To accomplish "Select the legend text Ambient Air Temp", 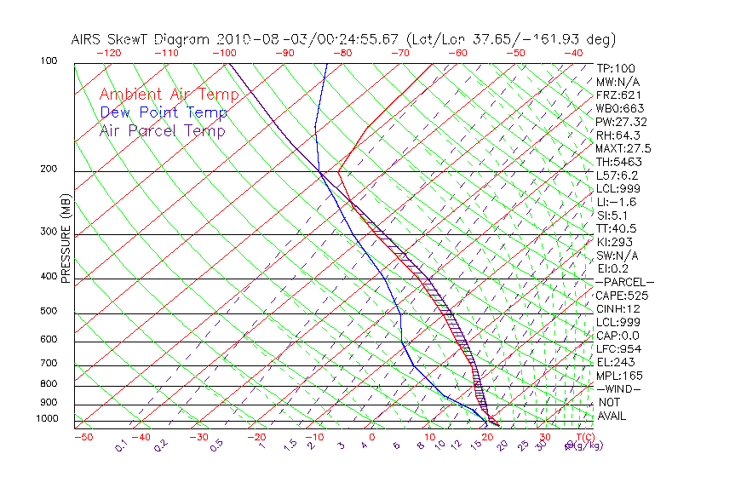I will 169,95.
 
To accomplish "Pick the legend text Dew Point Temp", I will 164,112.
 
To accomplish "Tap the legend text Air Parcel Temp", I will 162,130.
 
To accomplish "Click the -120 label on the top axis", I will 108,53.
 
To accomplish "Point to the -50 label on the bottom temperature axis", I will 83,437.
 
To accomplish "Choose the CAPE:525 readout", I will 622,296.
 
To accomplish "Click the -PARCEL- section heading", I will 624,282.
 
